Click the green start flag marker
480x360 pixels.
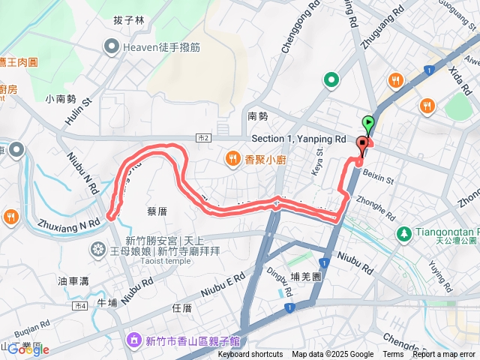[x=368, y=124]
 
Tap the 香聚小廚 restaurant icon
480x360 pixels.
[x=233, y=158]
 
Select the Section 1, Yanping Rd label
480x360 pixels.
[x=298, y=139]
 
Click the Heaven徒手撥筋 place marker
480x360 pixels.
[x=112, y=47]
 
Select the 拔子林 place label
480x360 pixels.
[x=129, y=20]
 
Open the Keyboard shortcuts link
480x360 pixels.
[x=250, y=355]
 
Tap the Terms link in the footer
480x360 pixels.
[x=393, y=355]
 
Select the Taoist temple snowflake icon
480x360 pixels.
[x=97, y=248]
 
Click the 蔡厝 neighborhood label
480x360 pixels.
[x=157, y=211]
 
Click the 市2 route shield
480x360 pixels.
[x=203, y=139]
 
